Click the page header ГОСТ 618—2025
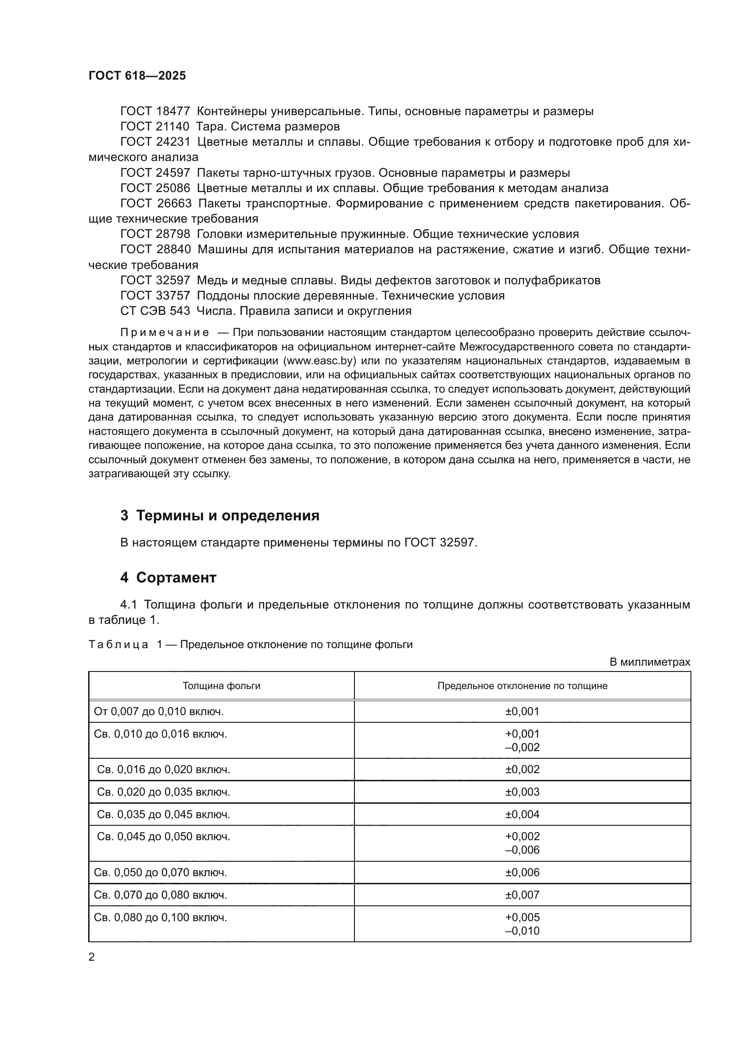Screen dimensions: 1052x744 [137, 76]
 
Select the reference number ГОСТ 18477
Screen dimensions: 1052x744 [155, 112]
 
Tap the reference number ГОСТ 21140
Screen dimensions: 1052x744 [154, 126]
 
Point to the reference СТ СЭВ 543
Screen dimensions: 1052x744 [155, 311]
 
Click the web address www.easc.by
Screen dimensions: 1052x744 [320, 361]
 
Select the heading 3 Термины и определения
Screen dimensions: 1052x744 [220, 515]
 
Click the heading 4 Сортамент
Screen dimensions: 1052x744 [168, 577]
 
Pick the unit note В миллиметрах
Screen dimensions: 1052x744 [650, 662]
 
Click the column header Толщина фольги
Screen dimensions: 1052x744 [221, 686]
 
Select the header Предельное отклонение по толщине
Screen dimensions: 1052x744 [522, 686]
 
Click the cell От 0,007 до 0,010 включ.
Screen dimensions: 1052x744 [158, 712]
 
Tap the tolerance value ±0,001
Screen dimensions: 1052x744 [522, 712]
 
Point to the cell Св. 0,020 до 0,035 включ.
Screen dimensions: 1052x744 [163, 792]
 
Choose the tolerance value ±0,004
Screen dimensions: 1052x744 [522, 814]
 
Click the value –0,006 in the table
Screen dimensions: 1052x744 [522, 850]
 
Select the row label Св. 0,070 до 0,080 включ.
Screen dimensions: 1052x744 [160, 895]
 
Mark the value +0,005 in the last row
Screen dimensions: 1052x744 [522, 917]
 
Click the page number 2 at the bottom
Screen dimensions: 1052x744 [92, 957]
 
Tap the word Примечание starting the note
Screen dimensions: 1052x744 [165, 333]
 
